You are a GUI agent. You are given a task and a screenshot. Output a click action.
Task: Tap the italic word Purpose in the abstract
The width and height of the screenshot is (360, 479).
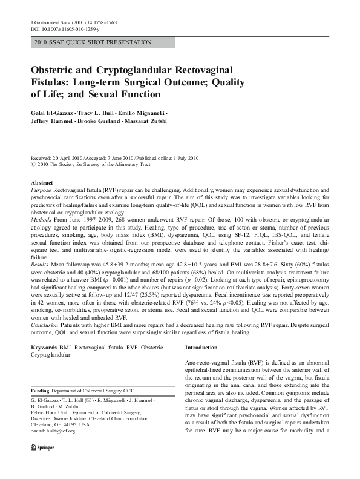tap(41, 190)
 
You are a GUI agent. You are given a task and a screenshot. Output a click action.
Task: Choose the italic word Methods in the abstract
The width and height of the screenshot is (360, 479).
tap(41, 223)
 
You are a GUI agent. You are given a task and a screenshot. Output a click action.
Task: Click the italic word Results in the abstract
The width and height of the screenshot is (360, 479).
tap(40, 264)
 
